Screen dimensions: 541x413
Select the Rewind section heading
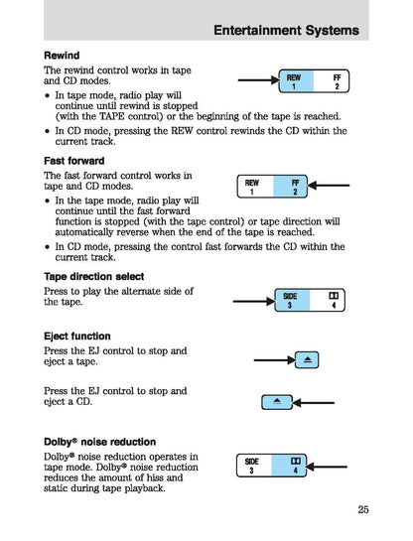pos(62,55)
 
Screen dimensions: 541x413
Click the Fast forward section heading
pos(73,160)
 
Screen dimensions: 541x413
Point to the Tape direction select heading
pos(93,276)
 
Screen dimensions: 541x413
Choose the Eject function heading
pos(76,336)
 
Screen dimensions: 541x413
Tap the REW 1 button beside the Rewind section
pos(294,82)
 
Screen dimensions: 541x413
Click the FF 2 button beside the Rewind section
pos(337,82)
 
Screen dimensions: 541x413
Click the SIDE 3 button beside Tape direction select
pos(290,301)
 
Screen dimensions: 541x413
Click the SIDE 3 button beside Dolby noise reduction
pos(252,466)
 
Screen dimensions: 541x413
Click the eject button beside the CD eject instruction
pos(277,401)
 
